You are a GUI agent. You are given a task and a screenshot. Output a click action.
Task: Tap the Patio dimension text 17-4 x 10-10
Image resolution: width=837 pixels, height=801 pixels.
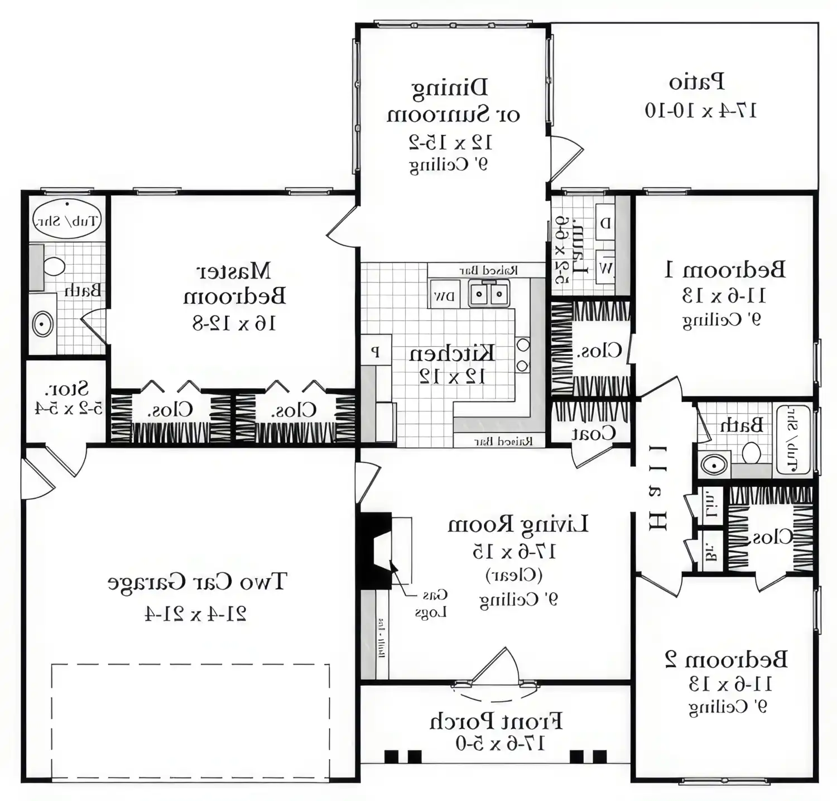[x=701, y=111]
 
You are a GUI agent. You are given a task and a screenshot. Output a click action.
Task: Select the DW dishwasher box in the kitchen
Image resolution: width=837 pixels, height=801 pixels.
[x=444, y=295]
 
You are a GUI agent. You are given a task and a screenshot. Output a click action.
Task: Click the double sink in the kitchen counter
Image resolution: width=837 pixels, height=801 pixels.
[x=489, y=294]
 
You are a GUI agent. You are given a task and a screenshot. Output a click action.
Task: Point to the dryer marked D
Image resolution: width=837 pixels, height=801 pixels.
[x=605, y=223]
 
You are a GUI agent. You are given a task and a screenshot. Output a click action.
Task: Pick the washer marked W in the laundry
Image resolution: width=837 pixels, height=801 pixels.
[x=605, y=268]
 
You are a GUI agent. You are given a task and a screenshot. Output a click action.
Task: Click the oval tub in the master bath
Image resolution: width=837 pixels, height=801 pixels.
[x=66, y=219]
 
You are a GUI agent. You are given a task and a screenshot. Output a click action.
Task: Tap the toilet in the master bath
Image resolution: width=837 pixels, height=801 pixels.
[x=54, y=266]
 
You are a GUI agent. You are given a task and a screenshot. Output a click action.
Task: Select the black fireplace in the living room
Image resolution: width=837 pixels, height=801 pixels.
[x=376, y=550]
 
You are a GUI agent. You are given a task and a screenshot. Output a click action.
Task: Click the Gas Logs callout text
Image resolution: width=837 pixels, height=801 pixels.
[x=431, y=604]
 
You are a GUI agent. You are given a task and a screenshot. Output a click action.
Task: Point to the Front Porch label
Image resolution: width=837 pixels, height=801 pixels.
[x=496, y=721]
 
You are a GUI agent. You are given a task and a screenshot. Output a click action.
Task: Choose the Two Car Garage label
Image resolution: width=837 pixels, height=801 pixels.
[x=196, y=582]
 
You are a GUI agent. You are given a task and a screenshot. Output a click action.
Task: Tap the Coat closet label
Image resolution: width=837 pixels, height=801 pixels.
[x=593, y=433]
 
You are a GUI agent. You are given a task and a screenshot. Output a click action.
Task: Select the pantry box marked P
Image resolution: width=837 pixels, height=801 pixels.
[x=376, y=352]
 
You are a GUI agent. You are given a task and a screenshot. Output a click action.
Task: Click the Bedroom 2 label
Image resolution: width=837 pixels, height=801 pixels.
[x=726, y=659]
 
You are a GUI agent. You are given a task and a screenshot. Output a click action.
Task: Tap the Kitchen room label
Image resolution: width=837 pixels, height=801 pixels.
[x=452, y=353]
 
